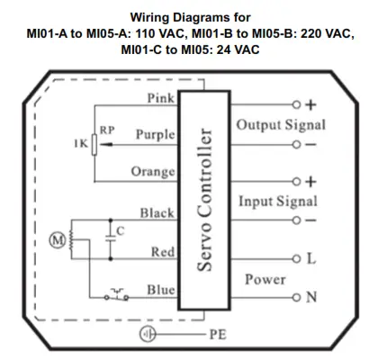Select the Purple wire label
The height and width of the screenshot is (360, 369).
tap(154, 134)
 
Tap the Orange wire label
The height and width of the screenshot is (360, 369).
tap(152, 171)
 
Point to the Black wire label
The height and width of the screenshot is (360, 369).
tap(156, 213)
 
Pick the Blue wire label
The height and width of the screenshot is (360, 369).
tap(160, 290)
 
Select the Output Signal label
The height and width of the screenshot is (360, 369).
tap(280, 124)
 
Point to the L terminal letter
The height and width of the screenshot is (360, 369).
tap(310, 259)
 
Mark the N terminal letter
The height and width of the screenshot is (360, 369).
tap(311, 297)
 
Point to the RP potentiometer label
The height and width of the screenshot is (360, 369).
tap(106, 129)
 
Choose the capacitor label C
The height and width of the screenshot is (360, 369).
tap(121, 231)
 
